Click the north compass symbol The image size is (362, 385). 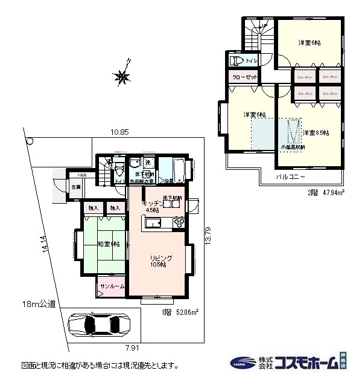[124, 75]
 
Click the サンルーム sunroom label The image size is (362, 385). [111, 286]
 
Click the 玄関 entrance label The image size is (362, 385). [76, 187]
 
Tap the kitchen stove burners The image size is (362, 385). [179, 224]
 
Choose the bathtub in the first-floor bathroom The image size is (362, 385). [177, 167]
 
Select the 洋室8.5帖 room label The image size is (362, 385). [315, 132]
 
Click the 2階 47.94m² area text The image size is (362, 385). [323, 193]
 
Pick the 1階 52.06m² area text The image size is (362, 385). [180, 312]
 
